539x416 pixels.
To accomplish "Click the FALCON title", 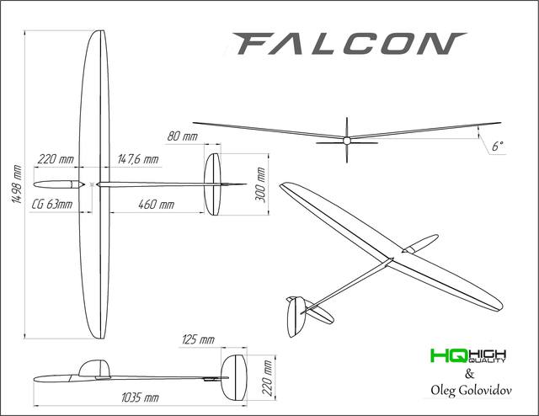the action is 350,44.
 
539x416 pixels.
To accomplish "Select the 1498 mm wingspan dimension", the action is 17,184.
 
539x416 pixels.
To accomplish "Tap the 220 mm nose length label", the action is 56,159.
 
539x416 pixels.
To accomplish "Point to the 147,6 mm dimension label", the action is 138,159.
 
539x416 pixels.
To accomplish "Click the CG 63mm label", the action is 52,205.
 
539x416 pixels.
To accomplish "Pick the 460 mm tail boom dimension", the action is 157,205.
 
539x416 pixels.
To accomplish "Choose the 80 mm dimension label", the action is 183,136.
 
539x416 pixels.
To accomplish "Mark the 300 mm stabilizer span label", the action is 260,184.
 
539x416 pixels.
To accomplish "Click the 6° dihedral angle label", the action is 498,147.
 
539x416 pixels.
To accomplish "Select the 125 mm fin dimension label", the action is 199,339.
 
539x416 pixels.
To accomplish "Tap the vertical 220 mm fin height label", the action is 268,378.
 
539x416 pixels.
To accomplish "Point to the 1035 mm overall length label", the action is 140,398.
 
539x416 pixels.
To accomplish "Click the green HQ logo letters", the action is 449,355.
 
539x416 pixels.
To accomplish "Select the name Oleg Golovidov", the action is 471,390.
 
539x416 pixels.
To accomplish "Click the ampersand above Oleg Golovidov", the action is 470,373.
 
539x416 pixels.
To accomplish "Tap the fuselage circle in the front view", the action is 346,140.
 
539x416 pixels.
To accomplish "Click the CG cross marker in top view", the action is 92,184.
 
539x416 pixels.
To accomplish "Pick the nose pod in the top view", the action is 59,184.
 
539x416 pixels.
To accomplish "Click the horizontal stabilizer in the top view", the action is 212,184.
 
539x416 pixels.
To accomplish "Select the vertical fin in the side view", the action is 234,378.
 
